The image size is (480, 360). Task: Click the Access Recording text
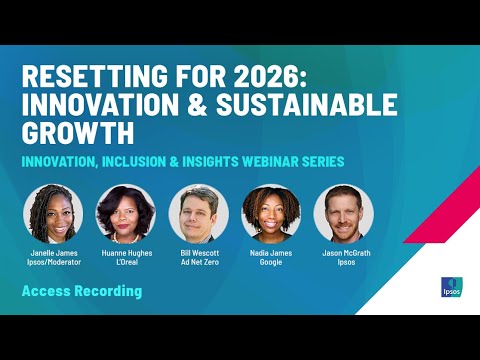click(82, 291)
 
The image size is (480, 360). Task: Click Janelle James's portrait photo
click(52, 214)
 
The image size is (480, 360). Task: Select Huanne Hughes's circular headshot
click(125, 214)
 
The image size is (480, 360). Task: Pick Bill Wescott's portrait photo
click(198, 214)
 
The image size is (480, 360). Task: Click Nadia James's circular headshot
click(271, 214)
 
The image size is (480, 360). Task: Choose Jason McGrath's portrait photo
click(343, 214)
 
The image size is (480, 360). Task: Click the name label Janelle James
click(52, 253)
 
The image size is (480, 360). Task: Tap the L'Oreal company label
click(125, 262)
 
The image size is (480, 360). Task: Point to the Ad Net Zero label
click(198, 262)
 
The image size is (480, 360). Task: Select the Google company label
click(271, 262)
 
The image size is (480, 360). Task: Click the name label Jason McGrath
click(343, 253)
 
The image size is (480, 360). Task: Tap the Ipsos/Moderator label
click(52, 262)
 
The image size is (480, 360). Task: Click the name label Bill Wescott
click(198, 253)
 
